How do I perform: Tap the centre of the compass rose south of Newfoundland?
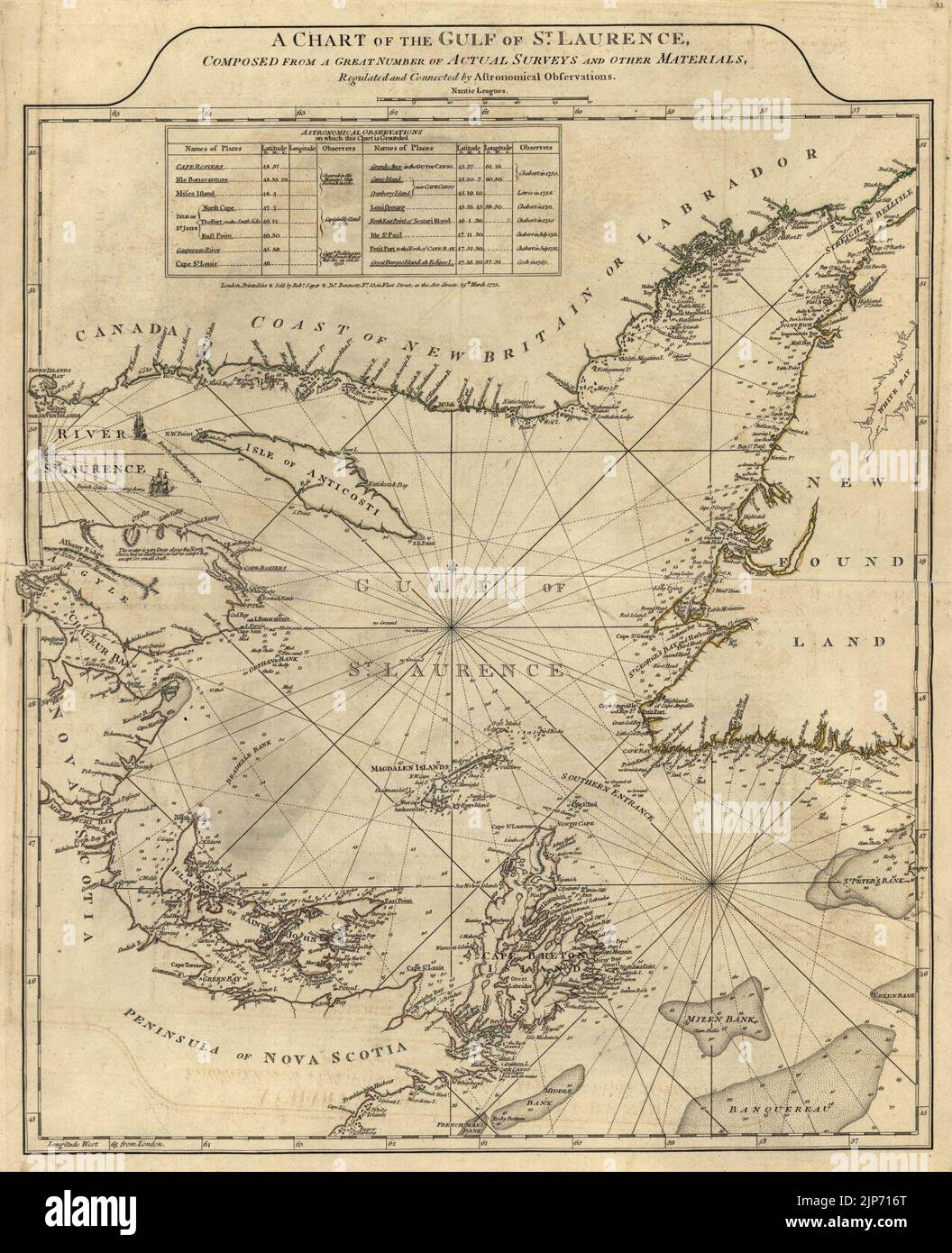pyautogui.click(x=713, y=883)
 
